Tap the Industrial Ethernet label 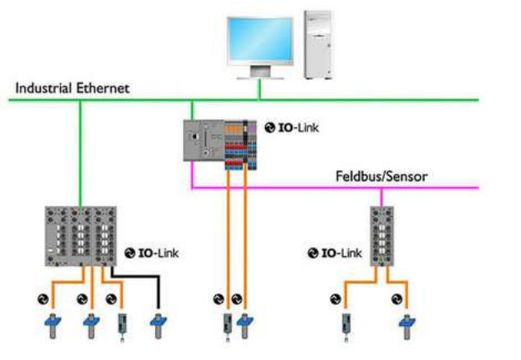pyautogui.click(x=73, y=86)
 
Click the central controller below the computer pyautogui.click(x=218, y=141)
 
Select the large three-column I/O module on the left pyautogui.click(x=80, y=237)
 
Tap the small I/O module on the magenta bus pyautogui.click(x=382, y=237)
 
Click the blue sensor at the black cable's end pyautogui.click(x=156, y=322)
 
